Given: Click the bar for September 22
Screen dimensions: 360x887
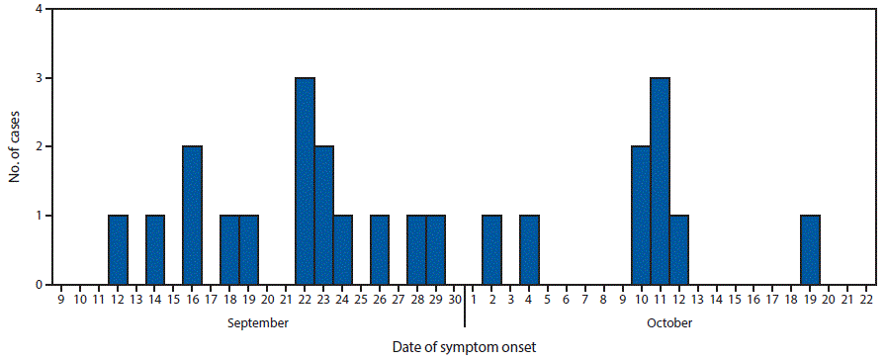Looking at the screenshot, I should point(305,181).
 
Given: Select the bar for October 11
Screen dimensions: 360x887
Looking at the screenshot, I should point(660,181).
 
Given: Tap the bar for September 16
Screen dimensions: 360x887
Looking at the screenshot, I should point(193,216).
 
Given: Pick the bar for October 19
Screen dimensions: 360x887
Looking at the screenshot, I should point(810,250).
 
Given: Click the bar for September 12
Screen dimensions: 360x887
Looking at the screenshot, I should point(118,250).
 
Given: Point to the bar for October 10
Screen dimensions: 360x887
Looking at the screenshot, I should point(641,216).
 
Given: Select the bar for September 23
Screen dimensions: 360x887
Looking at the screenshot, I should point(323,216).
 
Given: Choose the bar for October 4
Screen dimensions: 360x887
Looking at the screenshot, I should point(529,250).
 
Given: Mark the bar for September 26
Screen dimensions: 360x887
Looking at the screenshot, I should point(380,250).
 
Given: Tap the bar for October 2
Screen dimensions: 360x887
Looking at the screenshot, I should point(491,250).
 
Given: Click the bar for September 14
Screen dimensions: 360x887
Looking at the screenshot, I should point(155,250).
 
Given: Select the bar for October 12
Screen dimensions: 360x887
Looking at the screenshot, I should point(678,250).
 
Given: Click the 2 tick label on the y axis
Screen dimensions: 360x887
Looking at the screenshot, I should point(38,147).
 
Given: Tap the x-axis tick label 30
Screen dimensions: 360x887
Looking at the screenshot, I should point(455,298).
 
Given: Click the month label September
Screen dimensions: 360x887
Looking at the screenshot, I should point(257,323).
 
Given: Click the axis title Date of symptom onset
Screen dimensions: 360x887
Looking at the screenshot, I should point(464,346).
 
